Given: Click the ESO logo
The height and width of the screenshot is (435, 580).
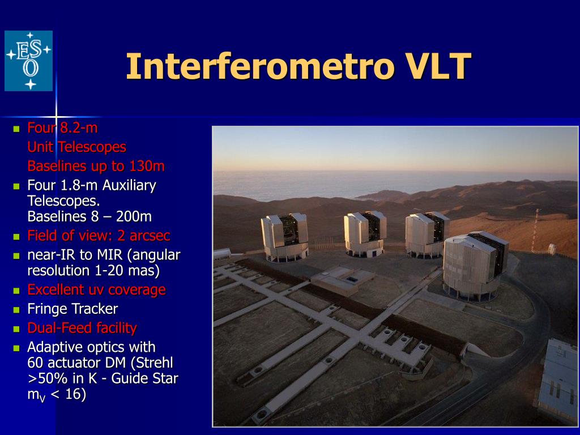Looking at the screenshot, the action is (x=28, y=61).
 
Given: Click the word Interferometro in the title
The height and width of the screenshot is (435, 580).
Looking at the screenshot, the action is (x=259, y=67).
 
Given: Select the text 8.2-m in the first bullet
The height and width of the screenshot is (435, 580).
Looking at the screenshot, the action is (x=79, y=128).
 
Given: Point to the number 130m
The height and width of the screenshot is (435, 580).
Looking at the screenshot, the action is (x=147, y=166).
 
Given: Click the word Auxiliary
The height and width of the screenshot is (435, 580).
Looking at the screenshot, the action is (x=129, y=186).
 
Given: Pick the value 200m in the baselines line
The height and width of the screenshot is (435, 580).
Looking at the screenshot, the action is (x=134, y=216).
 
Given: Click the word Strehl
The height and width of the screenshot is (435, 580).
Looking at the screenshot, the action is (x=155, y=363).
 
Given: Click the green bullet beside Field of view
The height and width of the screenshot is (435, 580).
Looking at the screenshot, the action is (x=16, y=236).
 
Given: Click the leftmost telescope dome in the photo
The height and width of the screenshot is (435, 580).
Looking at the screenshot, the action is (x=284, y=237).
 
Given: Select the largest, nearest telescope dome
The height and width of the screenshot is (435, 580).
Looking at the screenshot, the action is (x=475, y=265).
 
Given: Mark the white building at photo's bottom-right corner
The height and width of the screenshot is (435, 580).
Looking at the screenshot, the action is (x=558, y=381).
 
